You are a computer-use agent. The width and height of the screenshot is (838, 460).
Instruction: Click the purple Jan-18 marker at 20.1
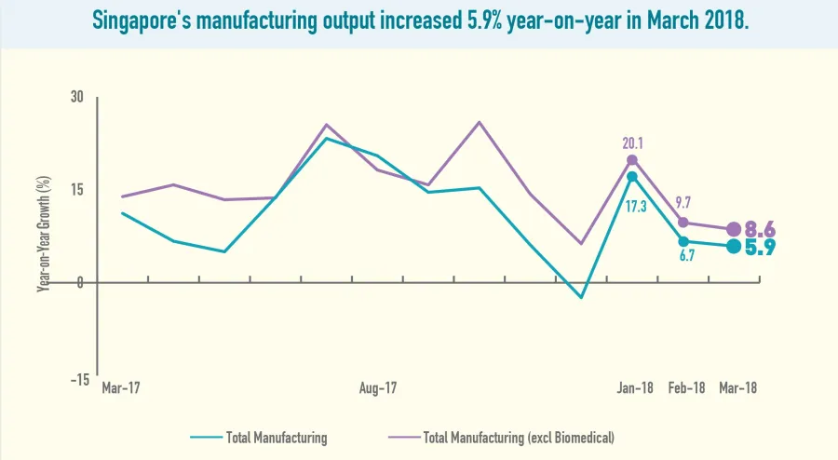[x=632, y=160]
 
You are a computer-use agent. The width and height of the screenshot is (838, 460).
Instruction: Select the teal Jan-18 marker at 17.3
[x=632, y=177]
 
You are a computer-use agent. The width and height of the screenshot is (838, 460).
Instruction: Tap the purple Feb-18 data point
[x=683, y=223]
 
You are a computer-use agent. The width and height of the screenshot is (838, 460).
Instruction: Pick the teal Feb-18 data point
[x=683, y=241]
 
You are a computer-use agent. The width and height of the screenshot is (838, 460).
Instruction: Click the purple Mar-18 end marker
[x=734, y=229]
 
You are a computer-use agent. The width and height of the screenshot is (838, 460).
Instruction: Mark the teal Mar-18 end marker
[x=734, y=246]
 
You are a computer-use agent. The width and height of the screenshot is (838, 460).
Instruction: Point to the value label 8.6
[x=761, y=230]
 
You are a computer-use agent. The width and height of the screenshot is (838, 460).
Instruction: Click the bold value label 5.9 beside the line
[x=761, y=248]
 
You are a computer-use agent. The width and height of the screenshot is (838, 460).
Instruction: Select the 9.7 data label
[x=684, y=202]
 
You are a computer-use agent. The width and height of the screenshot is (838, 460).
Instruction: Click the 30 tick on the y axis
[x=76, y=98]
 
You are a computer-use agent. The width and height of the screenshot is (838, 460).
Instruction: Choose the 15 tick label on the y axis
[x=76, y=190]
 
